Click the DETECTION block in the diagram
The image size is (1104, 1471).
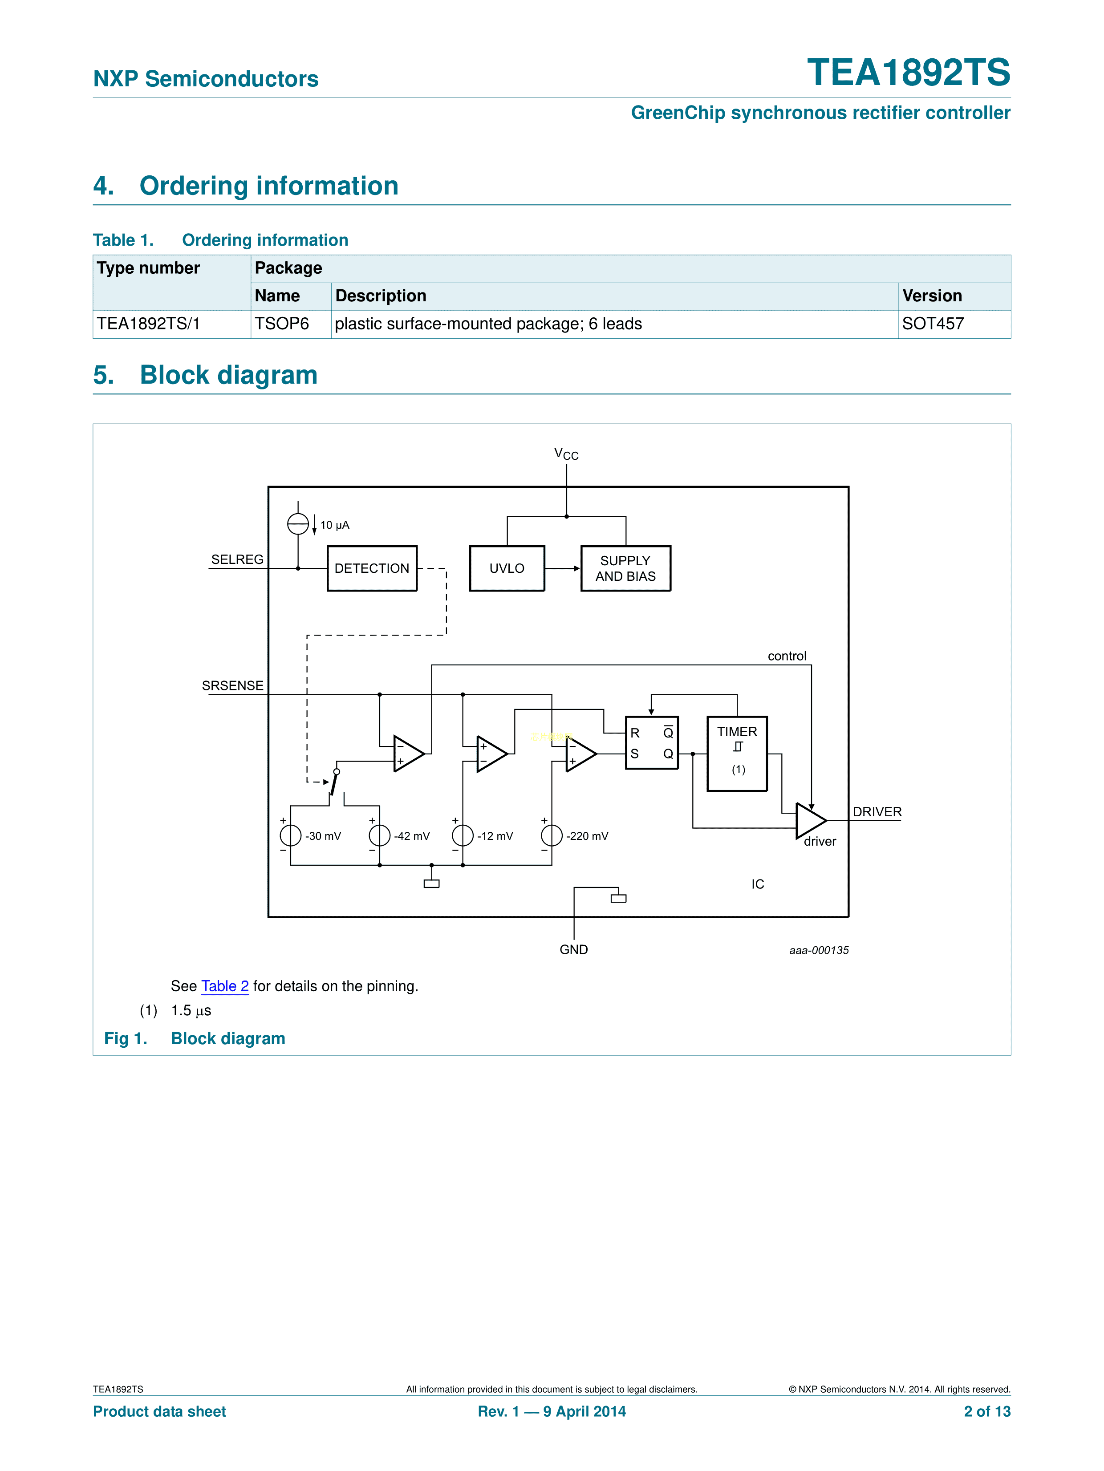(372, 568)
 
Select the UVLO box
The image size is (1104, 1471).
(507, 568)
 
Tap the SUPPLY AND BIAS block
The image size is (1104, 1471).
(625, 568)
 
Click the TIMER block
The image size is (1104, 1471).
(737, 754)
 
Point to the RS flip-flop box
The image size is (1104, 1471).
(651, 743)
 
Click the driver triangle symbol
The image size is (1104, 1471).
(809, 820)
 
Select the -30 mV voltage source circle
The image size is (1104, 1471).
(291, 835)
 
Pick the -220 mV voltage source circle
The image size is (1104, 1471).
(552, 835)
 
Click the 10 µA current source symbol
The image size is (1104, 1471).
(298, 524)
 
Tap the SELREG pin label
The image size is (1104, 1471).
(237, 559)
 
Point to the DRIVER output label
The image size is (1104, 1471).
(877, 812)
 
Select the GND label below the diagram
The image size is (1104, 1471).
(573, 950)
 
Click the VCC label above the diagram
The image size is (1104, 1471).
(566, 454)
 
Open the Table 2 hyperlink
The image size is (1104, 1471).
(225, 986)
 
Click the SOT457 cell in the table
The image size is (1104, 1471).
(933, 324)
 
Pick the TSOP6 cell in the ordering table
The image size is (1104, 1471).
(282, 324)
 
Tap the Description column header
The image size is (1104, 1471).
(381, 296)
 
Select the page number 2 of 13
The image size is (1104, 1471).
(986, 1411)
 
